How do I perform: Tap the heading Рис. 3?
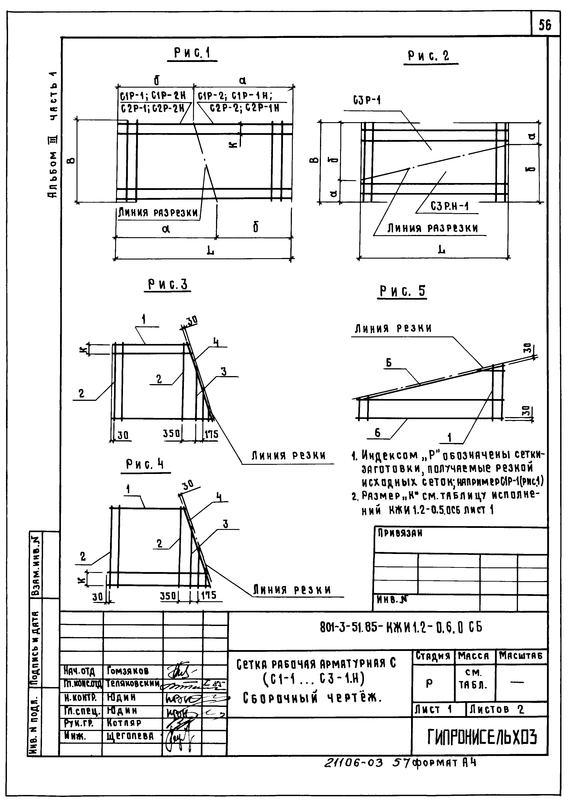167,284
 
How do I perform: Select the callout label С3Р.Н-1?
449,206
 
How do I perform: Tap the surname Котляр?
124,723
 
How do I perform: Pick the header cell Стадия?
433,656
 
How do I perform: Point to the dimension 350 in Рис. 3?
171,433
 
